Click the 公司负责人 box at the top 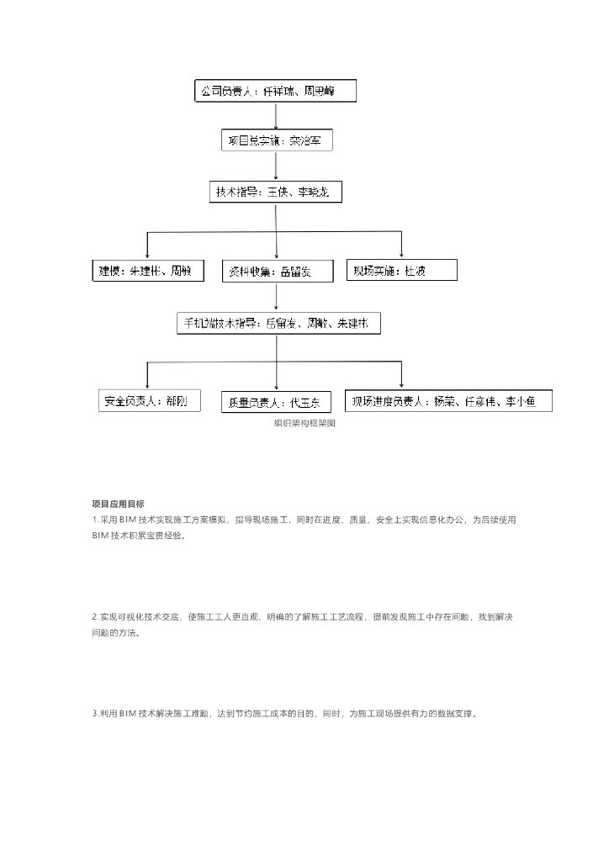[275, 91]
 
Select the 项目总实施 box [277, 140]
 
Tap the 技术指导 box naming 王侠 [275, 193]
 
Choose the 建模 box [146, 271]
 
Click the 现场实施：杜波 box [402, 270]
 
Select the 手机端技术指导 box [277, 323]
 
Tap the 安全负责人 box [150, 401]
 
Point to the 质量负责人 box [277, 402]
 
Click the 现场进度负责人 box [450, 401]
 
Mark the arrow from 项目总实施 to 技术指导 [276, 166]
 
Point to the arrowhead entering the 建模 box [148, 255]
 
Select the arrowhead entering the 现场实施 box [402, 254]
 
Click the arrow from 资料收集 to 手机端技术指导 [276, 297]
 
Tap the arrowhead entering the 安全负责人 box [148, 384]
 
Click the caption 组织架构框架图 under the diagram [304, 425]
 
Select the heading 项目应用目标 [118, 504]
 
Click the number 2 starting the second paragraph [94, 617]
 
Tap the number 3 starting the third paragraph [94, 714]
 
